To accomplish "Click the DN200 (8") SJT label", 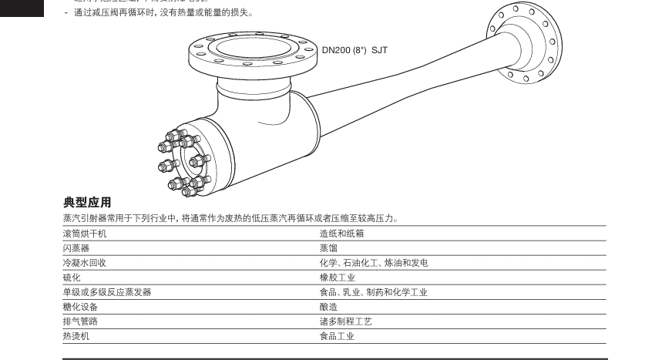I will click(x=354, y=50).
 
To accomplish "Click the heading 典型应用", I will click(x=87, y=203).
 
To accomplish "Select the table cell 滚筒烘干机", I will click(x=85, y=234).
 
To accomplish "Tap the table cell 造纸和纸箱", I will click(x=341, y=234).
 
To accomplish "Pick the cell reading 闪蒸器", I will click(x=76, y=248).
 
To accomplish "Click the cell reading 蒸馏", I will click(x=328, y=248).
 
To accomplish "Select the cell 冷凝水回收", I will click(x=85, y=263).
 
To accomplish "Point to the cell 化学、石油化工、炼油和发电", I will click(x=374, y=263).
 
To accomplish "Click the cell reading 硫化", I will click(x=72, y=278).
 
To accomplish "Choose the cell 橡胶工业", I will click(x=338, y=278).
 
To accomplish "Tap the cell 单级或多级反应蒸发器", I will click(x=107, y=292).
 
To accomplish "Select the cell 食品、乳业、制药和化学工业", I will click(x=374, y=292).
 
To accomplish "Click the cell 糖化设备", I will click(x=80, y=307).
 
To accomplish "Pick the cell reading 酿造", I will click(x=328, y=307).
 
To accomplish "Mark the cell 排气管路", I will click(x=80, y=321).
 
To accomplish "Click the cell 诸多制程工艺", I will click(x=346, y=321).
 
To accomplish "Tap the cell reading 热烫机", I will click(x=76, y=336).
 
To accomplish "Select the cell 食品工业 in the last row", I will click(x=338, y=336).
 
